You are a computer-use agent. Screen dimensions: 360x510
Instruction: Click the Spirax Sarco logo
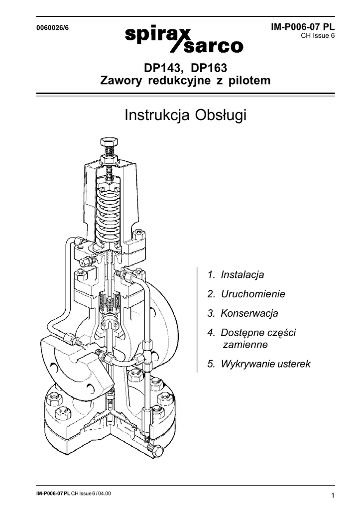[x=184, y=40]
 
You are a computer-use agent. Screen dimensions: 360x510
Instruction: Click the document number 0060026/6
[x=52, y=28]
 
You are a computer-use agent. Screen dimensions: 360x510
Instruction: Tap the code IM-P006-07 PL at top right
[x=303, y=27]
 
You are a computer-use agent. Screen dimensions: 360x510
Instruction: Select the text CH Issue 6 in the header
[x=318, y=36]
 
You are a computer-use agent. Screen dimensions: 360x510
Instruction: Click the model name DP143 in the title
[x=162, y=68]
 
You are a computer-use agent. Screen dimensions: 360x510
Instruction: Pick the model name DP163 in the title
[x=209, y=68]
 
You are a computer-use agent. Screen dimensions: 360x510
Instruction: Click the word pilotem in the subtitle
[x=249, y=80]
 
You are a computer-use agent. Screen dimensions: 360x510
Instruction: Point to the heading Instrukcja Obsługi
[x=185, y=115]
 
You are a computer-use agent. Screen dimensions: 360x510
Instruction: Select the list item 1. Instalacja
[x=236, y=274]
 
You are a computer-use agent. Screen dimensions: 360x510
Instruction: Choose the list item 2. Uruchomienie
[x=246, y=294]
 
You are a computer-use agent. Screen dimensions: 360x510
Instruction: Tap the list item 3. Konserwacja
[x=242, y=313]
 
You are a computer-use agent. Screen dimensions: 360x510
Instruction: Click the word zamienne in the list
[x=245, y=345]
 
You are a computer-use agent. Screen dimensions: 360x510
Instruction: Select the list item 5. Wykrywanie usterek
[x=259, y=364]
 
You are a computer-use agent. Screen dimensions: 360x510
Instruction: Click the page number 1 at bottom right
[x=333, y=496]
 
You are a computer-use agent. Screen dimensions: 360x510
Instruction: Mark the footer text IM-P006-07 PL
[x=53, y=494]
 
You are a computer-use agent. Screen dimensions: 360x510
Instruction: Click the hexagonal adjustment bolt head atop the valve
[x=110, y=142]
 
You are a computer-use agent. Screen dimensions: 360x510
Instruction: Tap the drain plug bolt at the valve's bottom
[x=155, y=450]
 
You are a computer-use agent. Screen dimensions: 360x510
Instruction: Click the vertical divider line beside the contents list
[x=197, y=320]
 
